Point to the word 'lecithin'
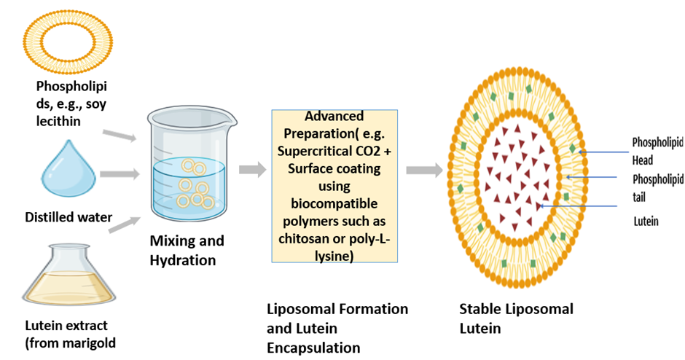click(59, 121)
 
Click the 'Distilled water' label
click(68, 216)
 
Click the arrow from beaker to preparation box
click(252, 170)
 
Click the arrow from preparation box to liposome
click(423, 170)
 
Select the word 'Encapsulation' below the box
click(313, 348)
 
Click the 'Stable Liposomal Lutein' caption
click(516, 318)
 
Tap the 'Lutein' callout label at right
click(646, 220)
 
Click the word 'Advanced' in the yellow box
click(334, 116)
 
